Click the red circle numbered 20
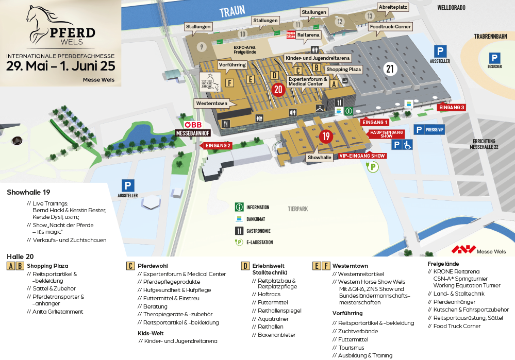click(x=278, y=89)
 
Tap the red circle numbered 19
click(x=325, y=136)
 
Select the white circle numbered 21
click(x=390, y=68)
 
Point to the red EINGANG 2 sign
click(x=217, y=146)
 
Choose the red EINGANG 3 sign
click(x=452, y=108)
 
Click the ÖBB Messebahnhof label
click(x=192, y=129)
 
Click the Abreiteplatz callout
click(x=393, y=7)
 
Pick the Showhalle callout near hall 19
click(x=320, y=157)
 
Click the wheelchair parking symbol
click(x=407, y=145)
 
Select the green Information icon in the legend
click(x=239, y=208)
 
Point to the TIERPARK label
click(x=298, y=209)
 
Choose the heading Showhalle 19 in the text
click(x=28, y=193)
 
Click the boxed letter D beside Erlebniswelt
click(x=245, y=266)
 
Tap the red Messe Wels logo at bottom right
click(x=463, y=250)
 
